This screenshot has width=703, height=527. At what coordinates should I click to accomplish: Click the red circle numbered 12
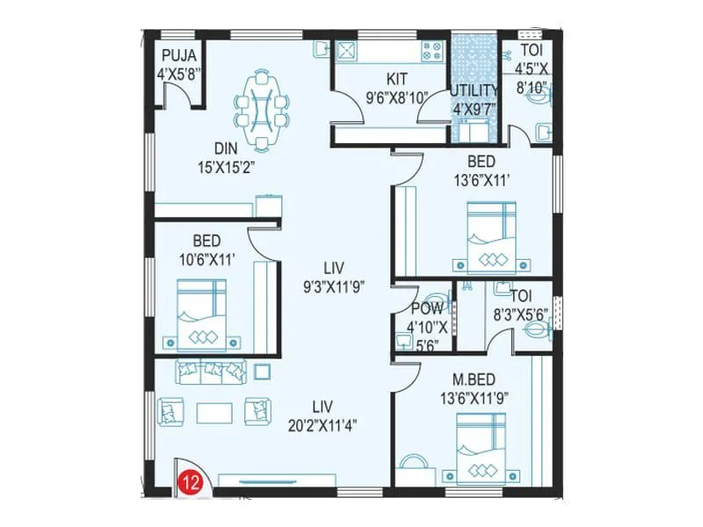coord(186,481)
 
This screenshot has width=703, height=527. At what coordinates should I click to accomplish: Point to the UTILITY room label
coord(475,90)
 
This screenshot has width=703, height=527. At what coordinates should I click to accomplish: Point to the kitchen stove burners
coord(431,54)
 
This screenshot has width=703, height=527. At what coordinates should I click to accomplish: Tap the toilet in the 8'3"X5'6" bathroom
coord(536,331)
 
